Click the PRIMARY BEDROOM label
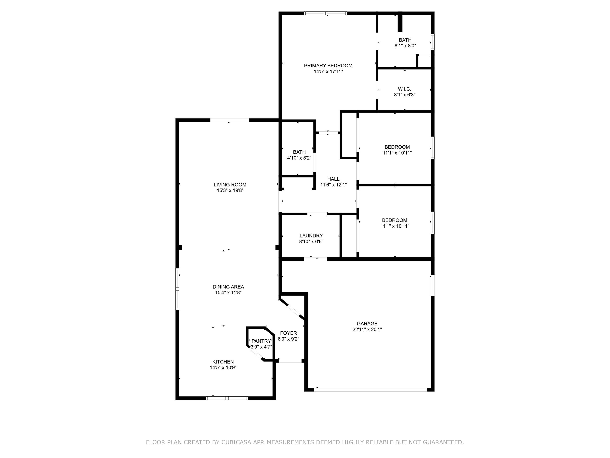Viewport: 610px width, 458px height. [328, 66]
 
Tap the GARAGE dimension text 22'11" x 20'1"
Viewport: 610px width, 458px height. [367, 329]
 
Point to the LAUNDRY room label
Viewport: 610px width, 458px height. [311, 236]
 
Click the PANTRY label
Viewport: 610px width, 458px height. [261, 341]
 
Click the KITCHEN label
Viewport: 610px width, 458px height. [223, 362]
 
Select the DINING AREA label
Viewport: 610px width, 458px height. [228, 287]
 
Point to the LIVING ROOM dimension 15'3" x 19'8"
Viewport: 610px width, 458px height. [230, 191]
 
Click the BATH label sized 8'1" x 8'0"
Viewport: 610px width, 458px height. [405, 40]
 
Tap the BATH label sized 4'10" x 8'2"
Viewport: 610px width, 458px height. [299, 152]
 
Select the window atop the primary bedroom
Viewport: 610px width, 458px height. [325, 13]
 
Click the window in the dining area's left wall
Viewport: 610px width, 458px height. [177, 289]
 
